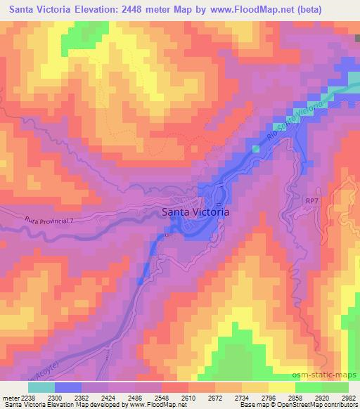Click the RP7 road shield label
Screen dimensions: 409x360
click(312, 202)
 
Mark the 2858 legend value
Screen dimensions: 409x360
click(290, 397)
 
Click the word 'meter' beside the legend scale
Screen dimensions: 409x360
click(11, 397)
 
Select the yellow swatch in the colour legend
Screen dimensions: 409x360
click(281, 387)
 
